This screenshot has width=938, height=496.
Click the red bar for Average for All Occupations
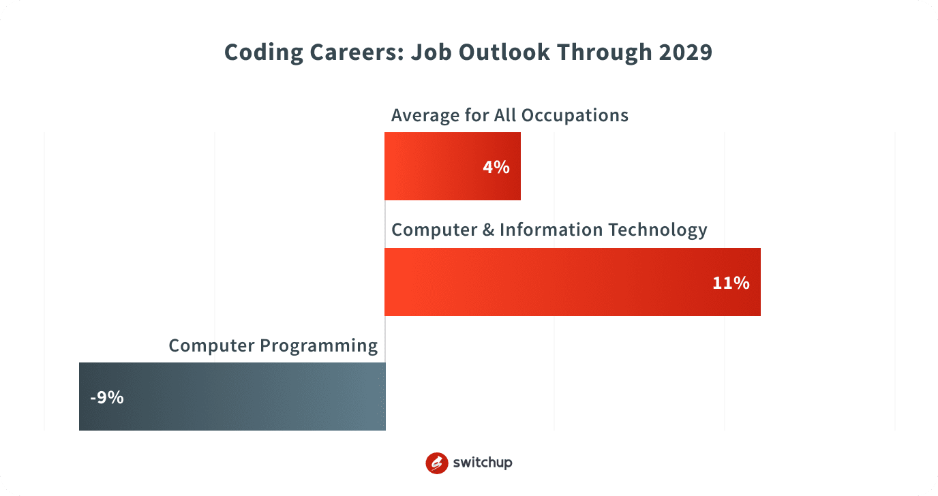[452, 166]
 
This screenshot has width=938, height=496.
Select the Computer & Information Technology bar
[573, 281]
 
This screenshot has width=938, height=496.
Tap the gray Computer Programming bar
[232, 397]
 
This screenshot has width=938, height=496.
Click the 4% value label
[496, 167]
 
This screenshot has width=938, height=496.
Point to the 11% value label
[731, 283]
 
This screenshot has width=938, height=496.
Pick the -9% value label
[107, 397]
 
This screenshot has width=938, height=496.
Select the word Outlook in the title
[504, 52]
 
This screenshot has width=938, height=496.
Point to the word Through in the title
[605, 52]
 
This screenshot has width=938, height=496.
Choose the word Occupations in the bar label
[575, 116]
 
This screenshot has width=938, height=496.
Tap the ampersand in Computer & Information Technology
[488, 230]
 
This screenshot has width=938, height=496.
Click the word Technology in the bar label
[657, 230]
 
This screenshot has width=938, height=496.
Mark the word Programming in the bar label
[318, 346]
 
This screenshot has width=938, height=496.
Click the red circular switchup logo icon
[437, 463]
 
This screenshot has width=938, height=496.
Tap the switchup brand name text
[483, 463]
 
